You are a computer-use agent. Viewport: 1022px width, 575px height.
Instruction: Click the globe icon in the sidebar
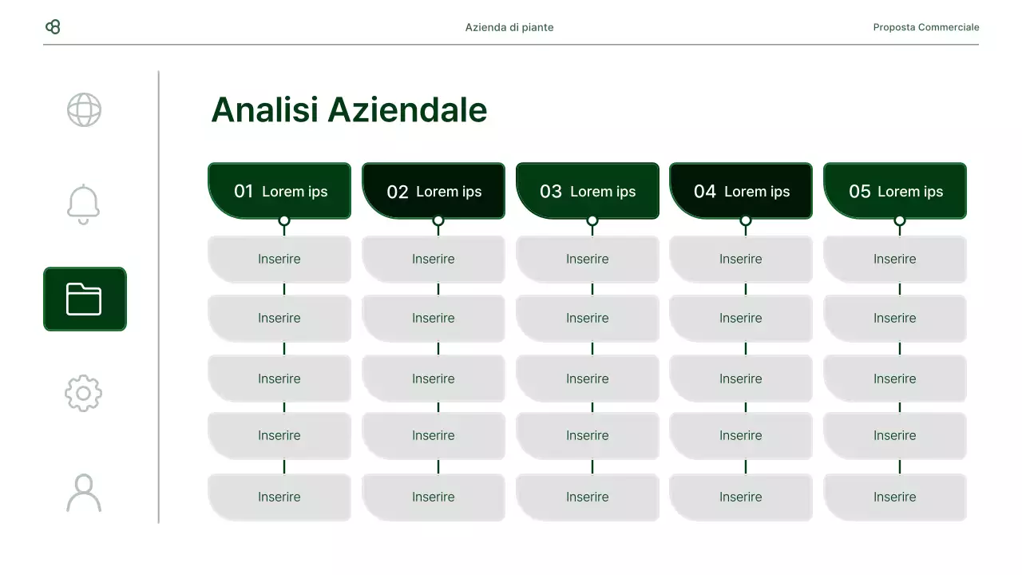click(84, 110)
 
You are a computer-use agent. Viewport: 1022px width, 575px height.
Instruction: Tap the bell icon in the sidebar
click(84, 204)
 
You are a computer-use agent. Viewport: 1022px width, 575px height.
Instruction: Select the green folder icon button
click(85, 299)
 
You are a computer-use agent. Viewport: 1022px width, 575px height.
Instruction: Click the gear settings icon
click(84, 393)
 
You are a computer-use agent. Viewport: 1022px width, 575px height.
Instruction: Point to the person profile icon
click(84, 493)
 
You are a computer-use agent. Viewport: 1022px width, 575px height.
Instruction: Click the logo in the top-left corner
click(53, 27)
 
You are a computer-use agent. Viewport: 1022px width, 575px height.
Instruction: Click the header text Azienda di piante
click(509, 27)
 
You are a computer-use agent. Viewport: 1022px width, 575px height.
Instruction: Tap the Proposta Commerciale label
click(925, 27)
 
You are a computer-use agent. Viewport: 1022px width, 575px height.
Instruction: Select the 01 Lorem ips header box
click(279, 191)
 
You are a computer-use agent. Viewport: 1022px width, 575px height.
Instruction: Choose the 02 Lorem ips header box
click(434, 191)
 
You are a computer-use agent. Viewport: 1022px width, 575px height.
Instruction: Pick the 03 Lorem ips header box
click(588, 191)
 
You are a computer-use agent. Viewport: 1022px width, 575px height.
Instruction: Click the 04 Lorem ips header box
click(741, 191)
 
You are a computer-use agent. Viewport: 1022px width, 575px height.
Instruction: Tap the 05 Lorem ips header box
click(895, 191)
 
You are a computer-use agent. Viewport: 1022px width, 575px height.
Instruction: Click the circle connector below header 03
click(592, 220)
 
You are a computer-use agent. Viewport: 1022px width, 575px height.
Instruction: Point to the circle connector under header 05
click(900, 220)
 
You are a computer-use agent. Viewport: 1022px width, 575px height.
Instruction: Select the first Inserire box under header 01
click(279, 259)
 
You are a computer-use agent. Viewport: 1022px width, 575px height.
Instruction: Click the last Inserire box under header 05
click(895, 497)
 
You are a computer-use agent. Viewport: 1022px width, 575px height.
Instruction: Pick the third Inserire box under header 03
click(588, 379)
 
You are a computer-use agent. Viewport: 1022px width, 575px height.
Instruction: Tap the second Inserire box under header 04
click(741, 318)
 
